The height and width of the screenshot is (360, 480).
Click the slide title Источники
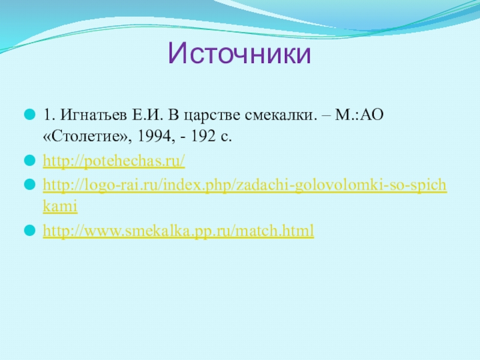[239, 53]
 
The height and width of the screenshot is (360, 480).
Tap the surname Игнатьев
[94, 115]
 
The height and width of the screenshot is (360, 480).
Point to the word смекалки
[281, 115]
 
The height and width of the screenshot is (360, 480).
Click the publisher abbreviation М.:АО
[359, 115]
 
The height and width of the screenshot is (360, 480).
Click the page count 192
[203, 136]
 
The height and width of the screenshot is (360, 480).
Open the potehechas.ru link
[114, 161]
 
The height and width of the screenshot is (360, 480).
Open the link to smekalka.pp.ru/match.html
[178, 230]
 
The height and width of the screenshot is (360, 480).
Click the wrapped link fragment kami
[60, 206]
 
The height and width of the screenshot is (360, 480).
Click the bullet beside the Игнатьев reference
[29, 115]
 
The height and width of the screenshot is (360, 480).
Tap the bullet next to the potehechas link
[29, 160]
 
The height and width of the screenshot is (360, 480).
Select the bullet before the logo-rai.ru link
[29, 185]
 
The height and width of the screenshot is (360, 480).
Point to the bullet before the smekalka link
[29, 230]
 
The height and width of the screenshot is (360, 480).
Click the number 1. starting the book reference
[49, 115]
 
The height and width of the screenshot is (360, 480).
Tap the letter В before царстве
[173, 115]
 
